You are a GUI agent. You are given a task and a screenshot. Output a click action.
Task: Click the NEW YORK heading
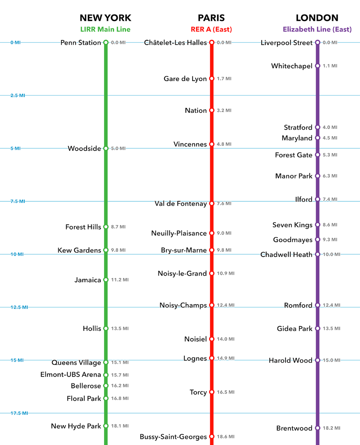105,18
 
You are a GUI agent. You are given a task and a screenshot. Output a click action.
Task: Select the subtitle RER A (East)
211,30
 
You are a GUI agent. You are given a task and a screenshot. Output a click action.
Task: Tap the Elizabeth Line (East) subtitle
317,30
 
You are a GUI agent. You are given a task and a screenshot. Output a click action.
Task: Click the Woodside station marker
106,148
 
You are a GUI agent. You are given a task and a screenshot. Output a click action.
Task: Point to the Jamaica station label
87,280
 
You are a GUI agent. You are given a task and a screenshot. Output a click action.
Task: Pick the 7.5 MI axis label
18,201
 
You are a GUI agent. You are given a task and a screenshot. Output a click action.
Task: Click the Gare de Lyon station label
185,79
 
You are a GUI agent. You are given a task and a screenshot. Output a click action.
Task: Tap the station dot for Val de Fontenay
212,203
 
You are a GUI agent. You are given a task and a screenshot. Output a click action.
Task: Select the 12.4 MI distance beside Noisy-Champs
225,305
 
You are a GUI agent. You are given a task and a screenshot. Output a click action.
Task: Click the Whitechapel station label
292,66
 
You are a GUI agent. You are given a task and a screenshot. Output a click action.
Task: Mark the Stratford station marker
318,127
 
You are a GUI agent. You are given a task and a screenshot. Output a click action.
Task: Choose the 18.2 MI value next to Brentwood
331,428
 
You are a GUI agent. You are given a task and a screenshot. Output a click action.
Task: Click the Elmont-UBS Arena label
71,375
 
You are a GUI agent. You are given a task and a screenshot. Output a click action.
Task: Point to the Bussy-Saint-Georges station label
173,437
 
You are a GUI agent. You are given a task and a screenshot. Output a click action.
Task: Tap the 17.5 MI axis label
19,413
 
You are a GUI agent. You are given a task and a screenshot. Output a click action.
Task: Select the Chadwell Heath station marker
318,254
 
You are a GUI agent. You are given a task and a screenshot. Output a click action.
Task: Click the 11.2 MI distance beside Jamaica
120,280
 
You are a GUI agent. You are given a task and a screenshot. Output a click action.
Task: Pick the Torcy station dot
212,392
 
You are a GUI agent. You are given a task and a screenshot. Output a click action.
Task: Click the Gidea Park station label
294,329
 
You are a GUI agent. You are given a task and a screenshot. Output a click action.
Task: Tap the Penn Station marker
106,42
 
